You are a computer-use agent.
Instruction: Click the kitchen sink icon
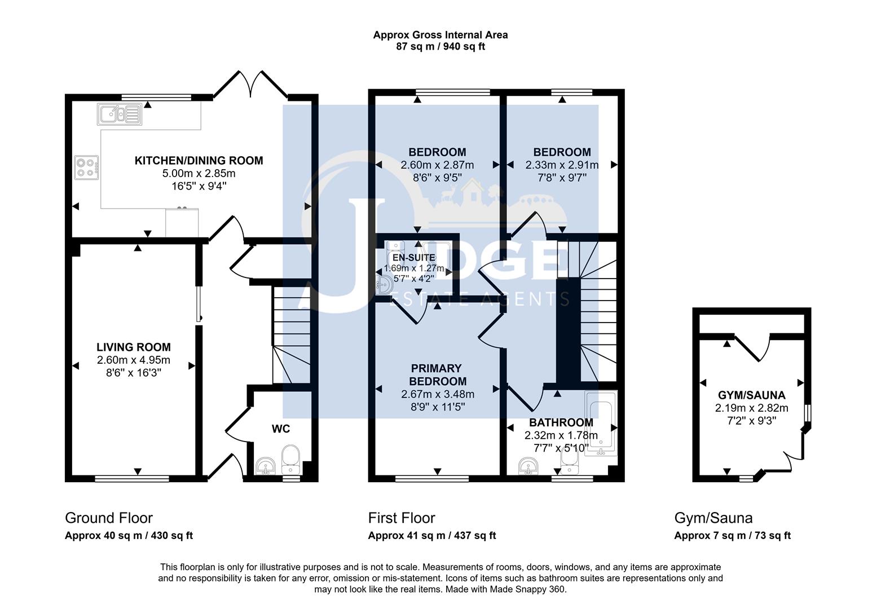pyautogui.click(x=119, y=114)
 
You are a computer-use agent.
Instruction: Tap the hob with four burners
pyautogui.click(x=86, y=167)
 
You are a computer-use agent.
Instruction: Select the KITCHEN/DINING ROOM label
pyautogui.click(x=199, y=161)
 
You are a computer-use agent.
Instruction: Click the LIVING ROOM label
pyautogui.click(x=133, y=347)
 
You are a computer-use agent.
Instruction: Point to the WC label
pyautogui.click(x=281, y=429)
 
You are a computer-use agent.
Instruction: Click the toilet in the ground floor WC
pyautogui.click(x=291, y=460)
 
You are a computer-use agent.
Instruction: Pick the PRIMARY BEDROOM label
pyautogui.click(x=438, y=374)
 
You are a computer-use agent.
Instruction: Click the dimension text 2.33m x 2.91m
pyautogui.click(x=562, y=165)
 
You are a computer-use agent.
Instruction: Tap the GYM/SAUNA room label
pyautogui.click(x=751, y=395)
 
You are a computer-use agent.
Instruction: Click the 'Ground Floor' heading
pyautogui.click(x=109, y=518)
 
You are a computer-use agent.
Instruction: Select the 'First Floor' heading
pyautogui.click(x=402, y=518)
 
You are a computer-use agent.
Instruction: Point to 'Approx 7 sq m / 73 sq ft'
pyautogui.click(x=732, y=536)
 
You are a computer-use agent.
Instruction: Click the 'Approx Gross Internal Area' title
pyautogui.click(x=440, y=35)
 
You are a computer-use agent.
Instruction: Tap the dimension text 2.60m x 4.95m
pyautogui.click(x=133, y=360)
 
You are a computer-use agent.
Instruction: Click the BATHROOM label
pyautogui.click(x=561, y=422)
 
